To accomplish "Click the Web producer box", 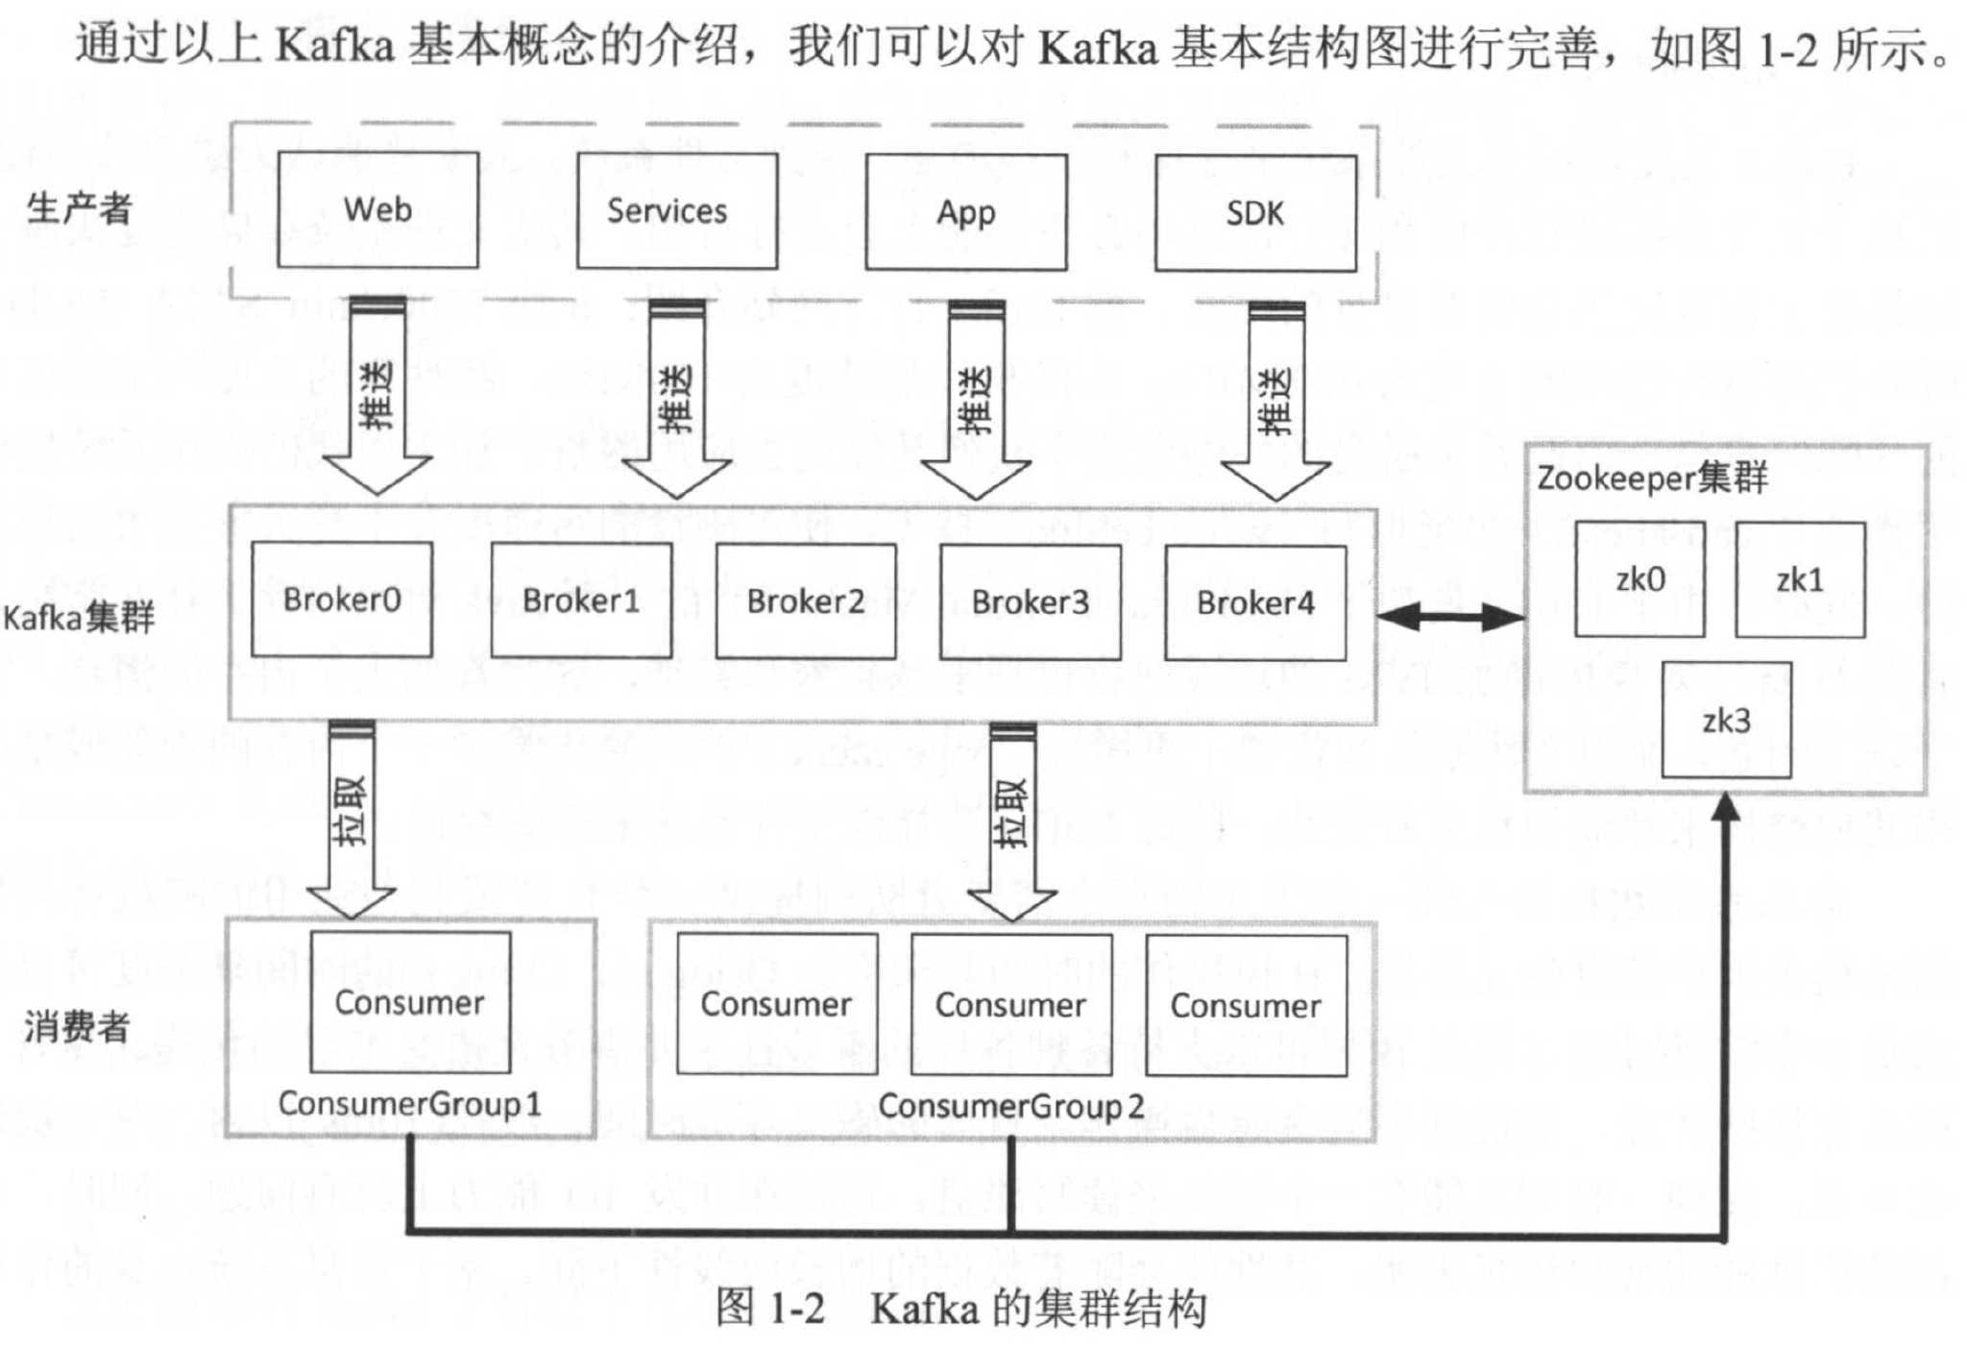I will tap(377, 209).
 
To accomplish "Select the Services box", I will tap(677, 211).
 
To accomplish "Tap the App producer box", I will tap(966, 212).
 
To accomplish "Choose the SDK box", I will tap(1255, 213).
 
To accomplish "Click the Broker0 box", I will tap(342, 600).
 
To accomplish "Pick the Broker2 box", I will tap(806, 601).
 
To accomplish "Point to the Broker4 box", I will tap(1255, 603).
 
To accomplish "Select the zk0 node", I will tap(1639, 579).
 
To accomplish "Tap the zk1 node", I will tap(1800, 580).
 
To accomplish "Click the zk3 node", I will tap(1726, 720).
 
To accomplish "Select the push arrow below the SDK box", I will tap(1275, 404).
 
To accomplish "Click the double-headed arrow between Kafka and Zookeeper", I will tap(1450, 617).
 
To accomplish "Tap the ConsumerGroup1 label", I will tap(410, 1104).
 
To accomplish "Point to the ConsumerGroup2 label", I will tap(1011, 1107).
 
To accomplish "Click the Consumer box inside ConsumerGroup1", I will tap(410, 1002).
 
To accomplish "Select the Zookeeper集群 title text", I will tap(1652, 478).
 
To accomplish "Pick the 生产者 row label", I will tap(79, 208).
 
